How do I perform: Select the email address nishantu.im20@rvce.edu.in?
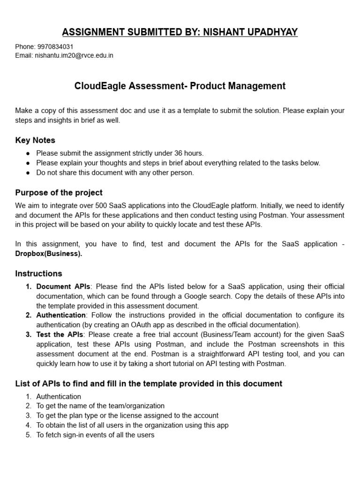(74, 55)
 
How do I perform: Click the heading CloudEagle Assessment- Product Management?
(180, 86)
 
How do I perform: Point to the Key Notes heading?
(35, 140)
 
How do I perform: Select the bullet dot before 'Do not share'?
(28, 172)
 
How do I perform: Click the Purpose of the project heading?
(59, 193)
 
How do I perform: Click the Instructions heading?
(38, 273)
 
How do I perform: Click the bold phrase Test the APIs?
(60, 334)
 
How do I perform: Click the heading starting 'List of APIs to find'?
(149, 383)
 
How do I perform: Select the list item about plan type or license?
(127, 415)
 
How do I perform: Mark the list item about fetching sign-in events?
(95, 435)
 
